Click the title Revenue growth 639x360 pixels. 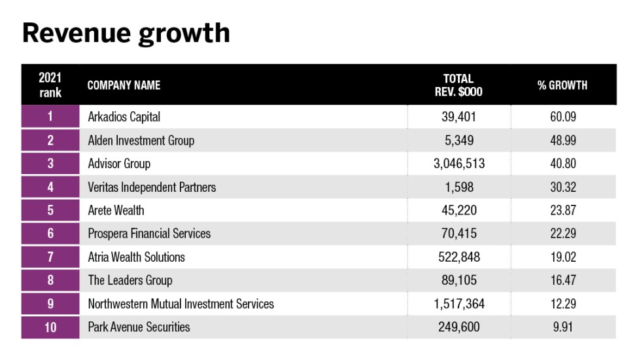click(x=126, y=33)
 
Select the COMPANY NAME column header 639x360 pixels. click(x=124, y=85)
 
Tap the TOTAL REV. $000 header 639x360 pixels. click(x=458, y=85)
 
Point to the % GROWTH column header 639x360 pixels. click(x=562, y=85)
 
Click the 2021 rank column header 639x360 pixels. click(x=50, y=85)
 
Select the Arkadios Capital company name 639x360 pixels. click(x=124, y=117)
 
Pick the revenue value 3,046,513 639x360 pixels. click(x=458, y=164)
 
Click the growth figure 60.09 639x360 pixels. click(x=562, y=117)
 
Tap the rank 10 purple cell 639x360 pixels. click(x=50, y=327)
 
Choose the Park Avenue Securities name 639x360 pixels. click(x=139, y=327)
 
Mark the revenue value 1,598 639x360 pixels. click(x=458, y=187)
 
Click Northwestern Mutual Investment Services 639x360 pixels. click(x=181, y=304)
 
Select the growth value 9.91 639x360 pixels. click(x=562, y=327)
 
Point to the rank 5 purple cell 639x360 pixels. click(x=50, y=210)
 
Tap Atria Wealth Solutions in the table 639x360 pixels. click(x=136, y=257)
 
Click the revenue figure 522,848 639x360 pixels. click(x=458, y=257)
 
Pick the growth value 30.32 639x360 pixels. click(x=562, y=187)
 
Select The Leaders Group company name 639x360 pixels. click(x=130, y=280)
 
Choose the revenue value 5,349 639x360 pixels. click(x=458, y=140)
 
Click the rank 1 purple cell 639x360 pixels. click(x=50, y=117)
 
